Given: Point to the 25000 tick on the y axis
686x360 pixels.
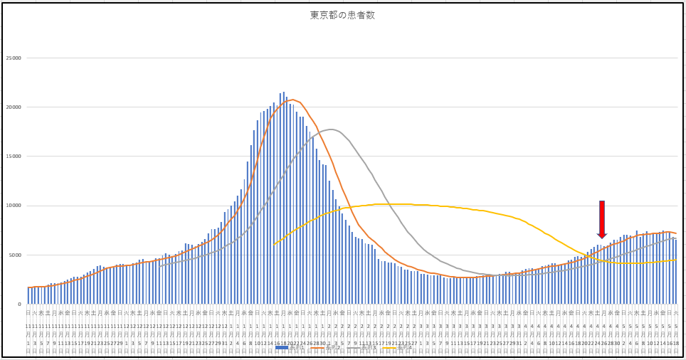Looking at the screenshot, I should click(12, 58).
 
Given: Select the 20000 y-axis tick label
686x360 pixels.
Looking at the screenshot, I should click(12, 107).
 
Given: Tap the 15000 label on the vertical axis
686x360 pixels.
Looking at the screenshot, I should click(12, 157).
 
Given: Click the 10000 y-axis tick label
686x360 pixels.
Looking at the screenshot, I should click(12, 206).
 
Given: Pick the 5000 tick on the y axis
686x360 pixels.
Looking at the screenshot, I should click(14, 255).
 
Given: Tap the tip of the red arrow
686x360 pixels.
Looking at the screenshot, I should click(602, 238).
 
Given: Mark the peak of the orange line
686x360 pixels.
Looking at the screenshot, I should click(292, 100).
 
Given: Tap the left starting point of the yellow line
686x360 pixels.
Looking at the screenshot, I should click(274, 245).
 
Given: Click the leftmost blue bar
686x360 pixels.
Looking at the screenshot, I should click(28, 295).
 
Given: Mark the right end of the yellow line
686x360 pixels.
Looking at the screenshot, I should click(676, 260).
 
